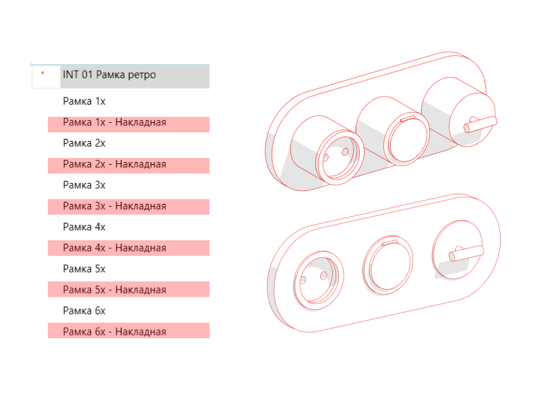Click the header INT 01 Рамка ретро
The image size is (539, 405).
click(x=109, y=75)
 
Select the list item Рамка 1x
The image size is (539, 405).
click(x=84, y=101)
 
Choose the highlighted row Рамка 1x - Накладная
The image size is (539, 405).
click(x=129, y=124)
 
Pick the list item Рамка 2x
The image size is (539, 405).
click(x=84, y=143)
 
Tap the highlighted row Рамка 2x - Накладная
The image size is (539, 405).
click(x=129, y=165)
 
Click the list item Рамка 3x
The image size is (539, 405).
click(x=84, y=185)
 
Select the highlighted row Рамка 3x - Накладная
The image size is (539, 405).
click(x=129, y=207)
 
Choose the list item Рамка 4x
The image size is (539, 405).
click(x=84, y=227)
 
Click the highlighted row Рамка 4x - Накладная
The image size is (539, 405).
click(x=129, y=248)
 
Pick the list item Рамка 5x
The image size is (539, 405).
click(x=84, y=269)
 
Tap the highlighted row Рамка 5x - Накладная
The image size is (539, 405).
click(x=129, y=290)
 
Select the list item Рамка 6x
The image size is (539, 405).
click(x=84, y=310)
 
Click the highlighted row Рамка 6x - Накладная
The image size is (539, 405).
click(x=129, y=331)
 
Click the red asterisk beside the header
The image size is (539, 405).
click(x=42, y=73)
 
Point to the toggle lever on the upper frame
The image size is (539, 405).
click(x=480, y=125)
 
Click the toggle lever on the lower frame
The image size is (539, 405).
click(x=466, y=254)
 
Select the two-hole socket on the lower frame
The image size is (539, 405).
click(x=318, y=280)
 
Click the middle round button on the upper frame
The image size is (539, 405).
click(x=407, y=139)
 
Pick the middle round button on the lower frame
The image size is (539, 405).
click(x=388, y=265)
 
